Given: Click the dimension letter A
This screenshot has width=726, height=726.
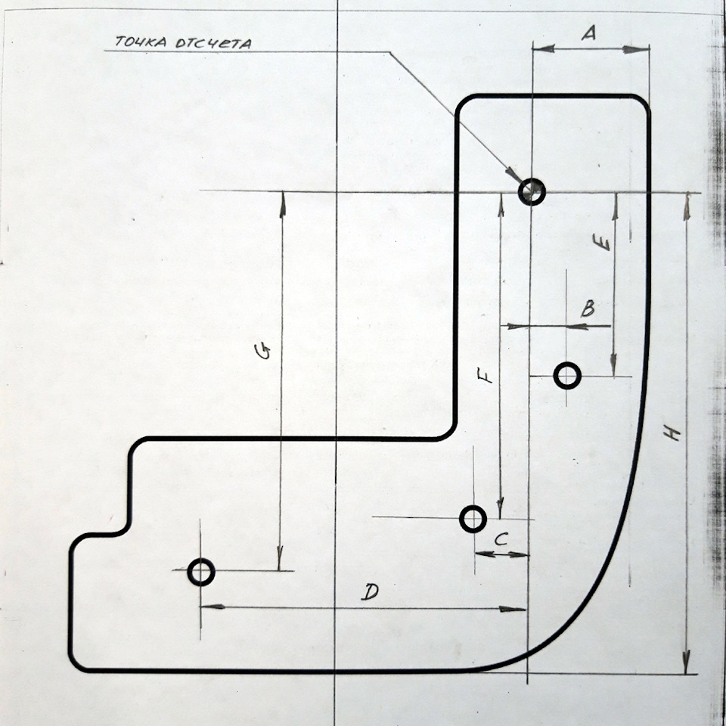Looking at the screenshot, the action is click(x=588, y=33).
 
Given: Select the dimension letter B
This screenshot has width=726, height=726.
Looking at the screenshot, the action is click(x=588, y=308).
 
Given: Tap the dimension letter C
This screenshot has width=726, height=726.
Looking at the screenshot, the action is click(x=501, y=539).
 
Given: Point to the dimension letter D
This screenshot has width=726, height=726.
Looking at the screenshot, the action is click(x=371, y=591).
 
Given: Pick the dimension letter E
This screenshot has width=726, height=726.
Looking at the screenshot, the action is click(x=602, y=242).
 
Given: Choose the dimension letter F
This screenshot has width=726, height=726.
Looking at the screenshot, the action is click(x=486, y=375).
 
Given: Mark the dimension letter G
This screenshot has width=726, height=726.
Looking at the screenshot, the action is click(x=263, y=352).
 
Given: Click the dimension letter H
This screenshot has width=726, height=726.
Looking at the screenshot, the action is click(x=672, y=434).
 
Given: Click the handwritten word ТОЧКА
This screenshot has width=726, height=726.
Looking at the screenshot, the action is click(x=141, y=42).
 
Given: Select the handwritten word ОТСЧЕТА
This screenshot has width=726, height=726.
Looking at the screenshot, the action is click(x=214, y=44).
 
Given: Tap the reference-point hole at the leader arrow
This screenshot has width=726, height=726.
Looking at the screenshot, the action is click(x=532, y=191).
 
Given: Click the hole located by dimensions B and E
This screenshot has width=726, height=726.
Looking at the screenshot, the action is click(x=567, y=376).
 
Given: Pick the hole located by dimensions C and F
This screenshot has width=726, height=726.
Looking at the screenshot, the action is click(x=473, y=519).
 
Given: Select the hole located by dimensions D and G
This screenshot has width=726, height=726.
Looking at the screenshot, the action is click(x=201, y=572).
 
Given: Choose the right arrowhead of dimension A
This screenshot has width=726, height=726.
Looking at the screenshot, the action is click(x=636, y=49).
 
